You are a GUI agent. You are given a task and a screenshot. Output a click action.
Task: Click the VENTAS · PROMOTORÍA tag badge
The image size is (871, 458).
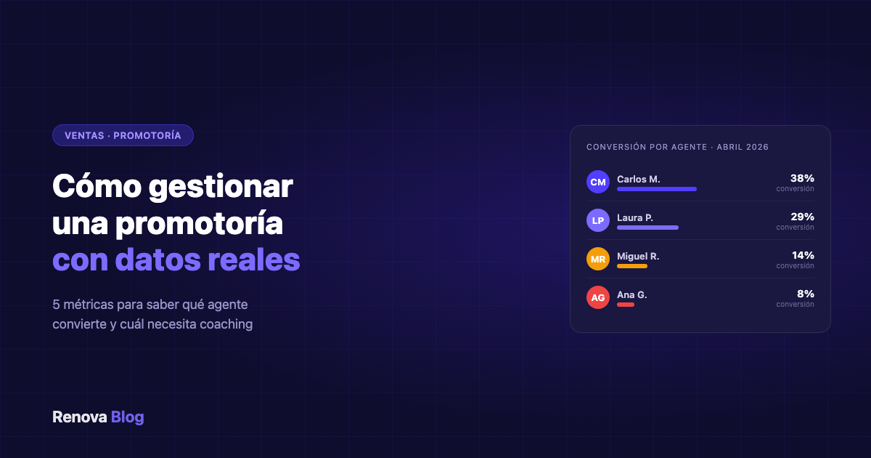click(123, 135)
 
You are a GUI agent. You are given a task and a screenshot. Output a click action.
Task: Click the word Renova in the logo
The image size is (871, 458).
click(79, 417)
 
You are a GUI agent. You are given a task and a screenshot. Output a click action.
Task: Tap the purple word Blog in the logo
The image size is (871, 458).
click(128, 417)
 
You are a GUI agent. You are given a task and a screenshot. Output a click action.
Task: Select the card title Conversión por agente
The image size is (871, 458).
click(646, 147)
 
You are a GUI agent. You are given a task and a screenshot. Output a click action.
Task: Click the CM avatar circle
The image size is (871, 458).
click(598, 182)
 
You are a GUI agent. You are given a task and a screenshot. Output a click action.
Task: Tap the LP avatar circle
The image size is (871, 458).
click(598, 220)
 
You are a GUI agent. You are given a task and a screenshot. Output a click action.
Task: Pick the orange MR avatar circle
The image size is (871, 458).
click(598, 259)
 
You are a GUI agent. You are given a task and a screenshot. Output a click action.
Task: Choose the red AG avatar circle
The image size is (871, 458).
click(598, 297)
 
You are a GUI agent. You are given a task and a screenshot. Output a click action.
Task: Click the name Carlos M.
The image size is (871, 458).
click(638, 179)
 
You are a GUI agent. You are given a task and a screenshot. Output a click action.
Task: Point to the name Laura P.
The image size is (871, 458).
click(635, 217)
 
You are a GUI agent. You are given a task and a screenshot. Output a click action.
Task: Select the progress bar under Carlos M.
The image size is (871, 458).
click(656, 189)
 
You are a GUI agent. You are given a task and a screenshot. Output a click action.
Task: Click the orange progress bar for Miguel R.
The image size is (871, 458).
click(631, 266)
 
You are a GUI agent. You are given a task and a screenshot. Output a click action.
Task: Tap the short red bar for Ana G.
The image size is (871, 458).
click(625, 305)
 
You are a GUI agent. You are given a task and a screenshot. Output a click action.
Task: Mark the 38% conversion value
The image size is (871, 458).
click(802, 178)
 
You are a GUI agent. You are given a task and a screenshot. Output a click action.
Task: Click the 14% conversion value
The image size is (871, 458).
click(802, 255)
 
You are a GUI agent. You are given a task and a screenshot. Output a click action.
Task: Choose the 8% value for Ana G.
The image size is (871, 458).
click(805, 294)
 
